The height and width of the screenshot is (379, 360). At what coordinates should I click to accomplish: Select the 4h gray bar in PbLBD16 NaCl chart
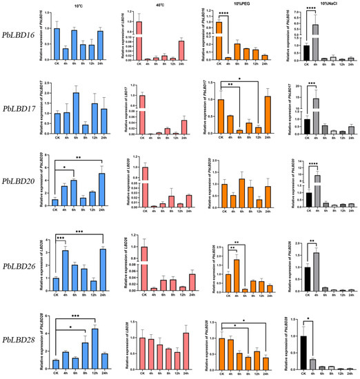[x=316, y=43]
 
